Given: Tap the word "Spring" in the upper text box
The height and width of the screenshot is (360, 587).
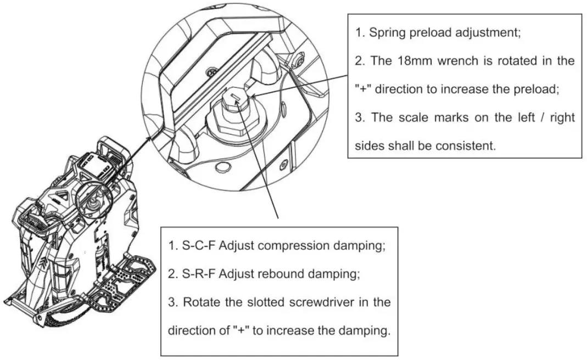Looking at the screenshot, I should click(387, 32).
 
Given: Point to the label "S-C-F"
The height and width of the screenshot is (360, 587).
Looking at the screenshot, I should click(198, 245).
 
